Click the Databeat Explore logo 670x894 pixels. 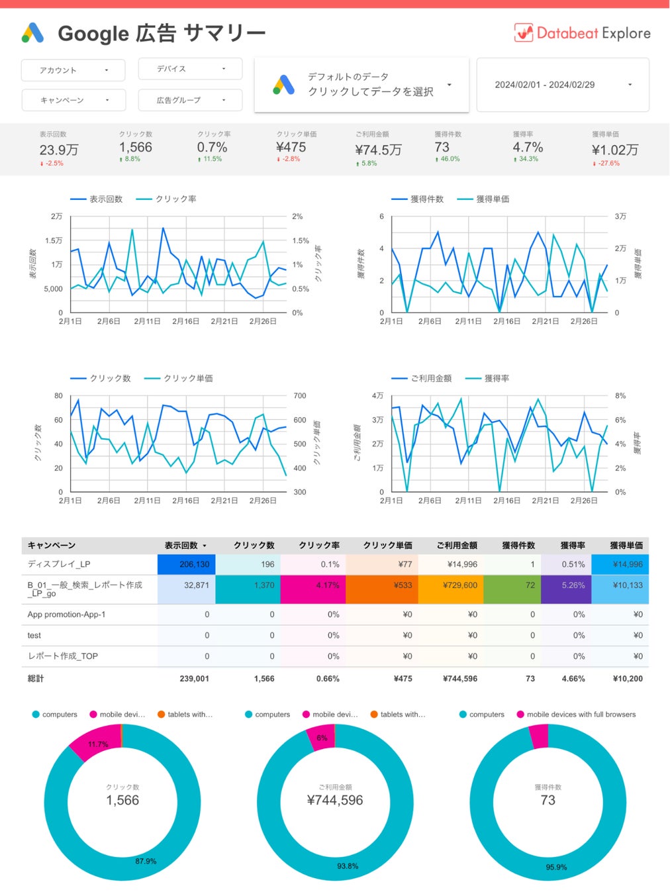coord(582,33)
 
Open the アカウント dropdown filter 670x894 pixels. coord(73,70)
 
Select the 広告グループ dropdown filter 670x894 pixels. coord(190,100)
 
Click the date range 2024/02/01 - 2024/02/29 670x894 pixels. coord(562,85)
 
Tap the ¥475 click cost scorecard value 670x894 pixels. coord(291,147)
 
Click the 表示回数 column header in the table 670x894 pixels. coord(181,546)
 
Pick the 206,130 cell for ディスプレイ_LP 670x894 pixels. coord(194,565)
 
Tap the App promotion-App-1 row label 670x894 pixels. coord(66,615)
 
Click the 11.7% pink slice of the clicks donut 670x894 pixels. coord(97,744)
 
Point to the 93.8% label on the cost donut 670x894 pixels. coord(348,866)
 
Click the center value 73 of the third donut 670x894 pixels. coord(548,800)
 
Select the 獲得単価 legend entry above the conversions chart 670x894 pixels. coord(493,199)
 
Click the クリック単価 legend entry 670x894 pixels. coord(188,379)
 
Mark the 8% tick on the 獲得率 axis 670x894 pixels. coord(620,396)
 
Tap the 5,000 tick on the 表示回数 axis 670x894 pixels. coord(53,289)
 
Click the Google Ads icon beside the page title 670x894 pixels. coord(32,33)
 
